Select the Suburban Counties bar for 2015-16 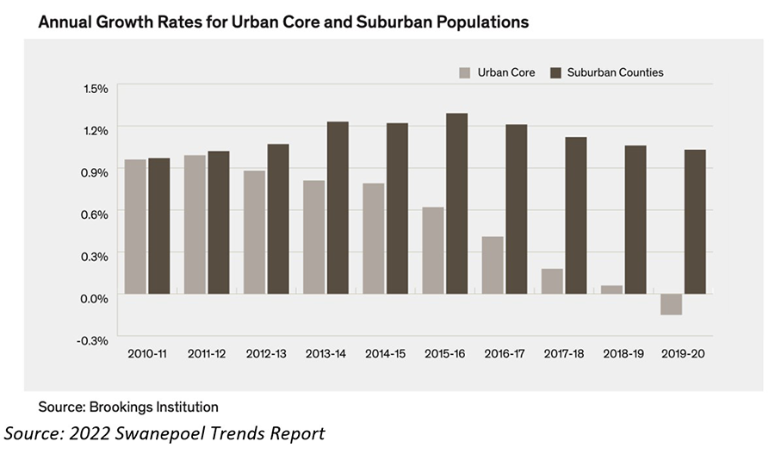coord(456,203)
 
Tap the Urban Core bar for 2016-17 coord(492,264)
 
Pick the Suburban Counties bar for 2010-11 coord(158,226)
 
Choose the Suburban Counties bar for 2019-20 coord(695,221)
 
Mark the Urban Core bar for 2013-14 coord(313,237)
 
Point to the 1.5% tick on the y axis coord(96,88)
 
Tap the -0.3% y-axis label coord(95,340)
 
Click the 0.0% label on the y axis coord(96,298)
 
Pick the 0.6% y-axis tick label coord(96,214)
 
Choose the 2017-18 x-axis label coord(563,354)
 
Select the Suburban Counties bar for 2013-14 coord(338,208)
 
